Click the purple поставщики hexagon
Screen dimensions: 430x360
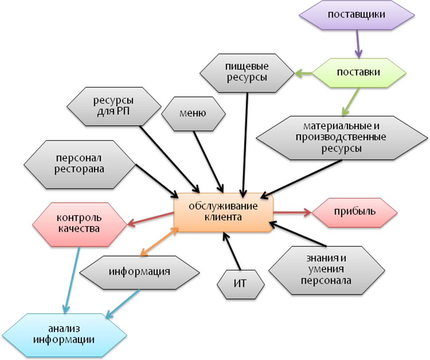point(356,15)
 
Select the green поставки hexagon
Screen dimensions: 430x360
point(359,73)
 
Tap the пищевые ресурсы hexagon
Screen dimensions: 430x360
point(247,73)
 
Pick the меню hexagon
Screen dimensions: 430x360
point(193,113)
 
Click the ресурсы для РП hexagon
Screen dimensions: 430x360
point(114,106)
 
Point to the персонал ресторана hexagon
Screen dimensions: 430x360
point(79,164)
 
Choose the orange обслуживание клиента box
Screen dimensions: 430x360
point(224,212)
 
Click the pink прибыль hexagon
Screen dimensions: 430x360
point(355,212)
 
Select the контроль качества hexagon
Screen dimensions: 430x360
point(79,224)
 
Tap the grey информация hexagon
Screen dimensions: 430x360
point(140,272)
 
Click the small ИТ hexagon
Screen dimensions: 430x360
point(241,284)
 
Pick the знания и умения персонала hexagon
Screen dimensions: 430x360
point(326,270)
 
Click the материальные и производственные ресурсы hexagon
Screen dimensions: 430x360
point(341,138)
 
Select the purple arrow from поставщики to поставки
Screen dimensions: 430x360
point(358,44)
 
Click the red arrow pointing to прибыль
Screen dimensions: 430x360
point(292,212)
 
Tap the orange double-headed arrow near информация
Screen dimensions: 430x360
point(159,242)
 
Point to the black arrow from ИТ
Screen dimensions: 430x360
point(232,251)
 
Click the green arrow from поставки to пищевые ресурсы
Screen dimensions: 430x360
point(303,73)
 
